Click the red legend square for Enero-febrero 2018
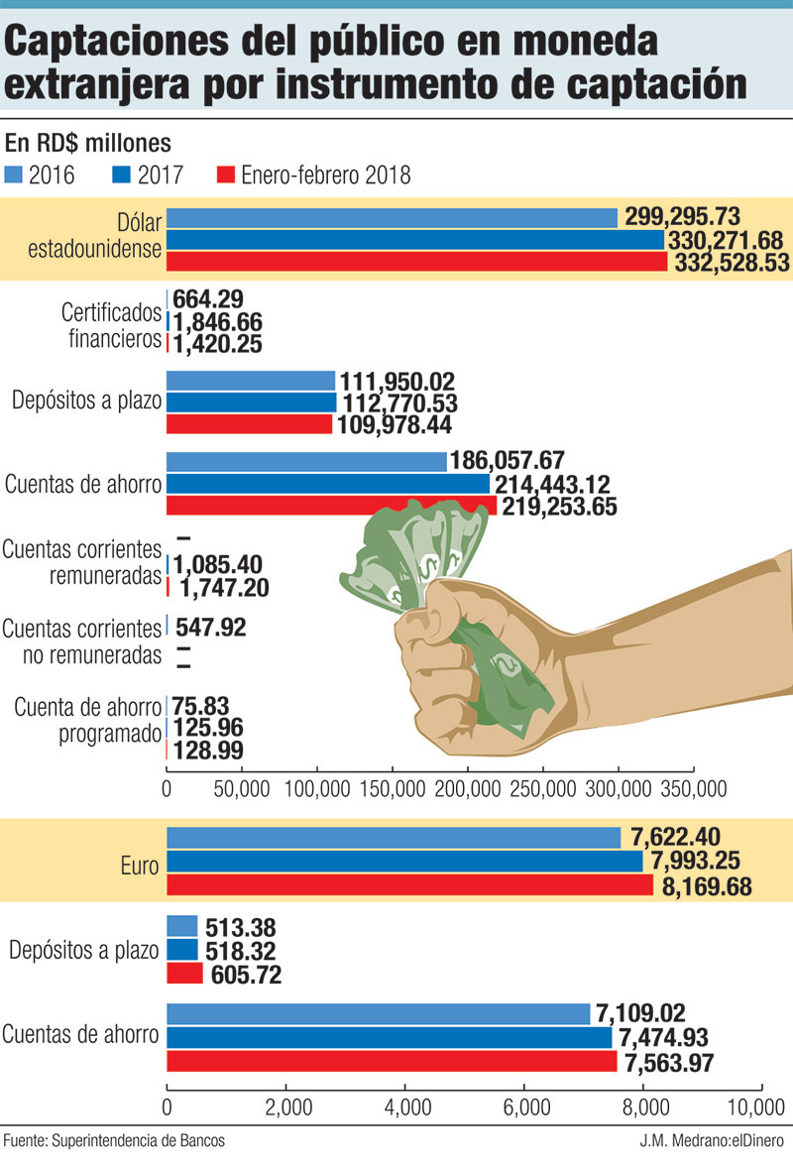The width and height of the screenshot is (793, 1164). coord(223,175)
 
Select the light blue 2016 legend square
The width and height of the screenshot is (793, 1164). coord(15,175)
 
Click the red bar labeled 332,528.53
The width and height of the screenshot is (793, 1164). coord(416,262)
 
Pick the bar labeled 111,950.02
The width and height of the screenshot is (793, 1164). coord(251,381)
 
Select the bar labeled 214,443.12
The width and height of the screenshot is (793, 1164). coord(328,483)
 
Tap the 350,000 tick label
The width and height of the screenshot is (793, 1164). coord(690,789)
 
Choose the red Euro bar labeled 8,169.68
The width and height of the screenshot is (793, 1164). coord(409,885)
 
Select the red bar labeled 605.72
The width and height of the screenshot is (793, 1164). coord(183,975)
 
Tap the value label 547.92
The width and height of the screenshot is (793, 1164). coord(210,627)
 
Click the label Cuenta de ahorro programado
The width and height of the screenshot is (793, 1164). coord(87,721)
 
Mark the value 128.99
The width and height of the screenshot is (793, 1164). coord(208,751)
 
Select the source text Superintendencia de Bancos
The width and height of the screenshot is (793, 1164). coord(139,1141)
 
